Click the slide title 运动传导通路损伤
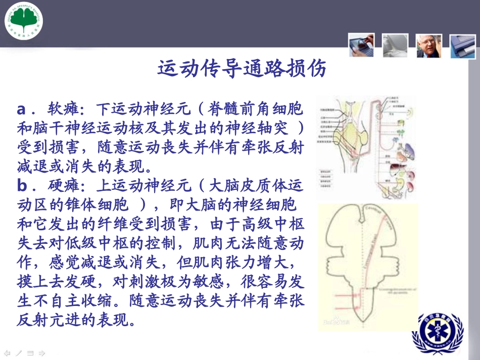point(242,69)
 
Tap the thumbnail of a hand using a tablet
point(361,44)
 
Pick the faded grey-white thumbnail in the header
point(395,45)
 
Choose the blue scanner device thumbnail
point(463,46)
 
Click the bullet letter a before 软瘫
point(22,109)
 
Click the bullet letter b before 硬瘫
point(22,186)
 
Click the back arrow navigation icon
point(7,353)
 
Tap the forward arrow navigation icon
point(42,353)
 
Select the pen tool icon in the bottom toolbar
point(19,353)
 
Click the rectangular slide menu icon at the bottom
point(30,353)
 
